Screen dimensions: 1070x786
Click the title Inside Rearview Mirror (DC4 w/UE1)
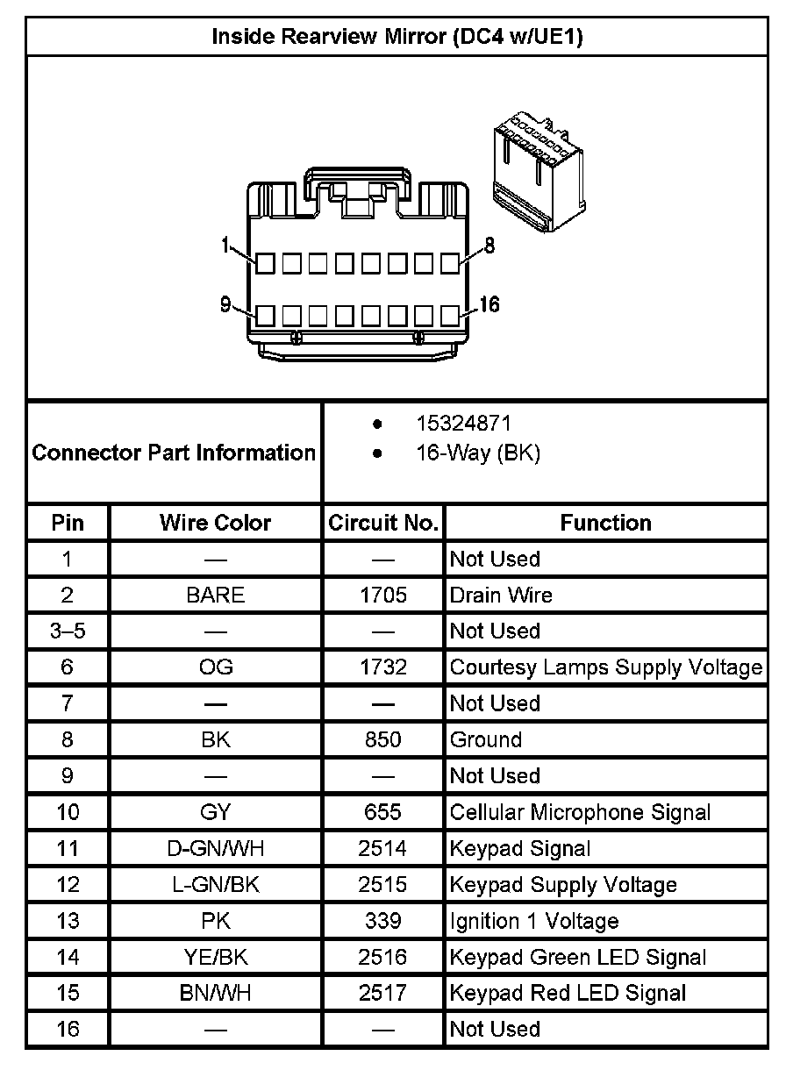tap(397, 37)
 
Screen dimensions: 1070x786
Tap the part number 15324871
tap(462, 424)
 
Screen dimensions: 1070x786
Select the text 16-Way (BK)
tap(477, 453)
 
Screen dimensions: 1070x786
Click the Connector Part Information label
tap(174, 453)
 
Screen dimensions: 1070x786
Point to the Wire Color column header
tap(216, 523)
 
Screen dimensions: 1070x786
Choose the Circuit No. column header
tap(383, 523)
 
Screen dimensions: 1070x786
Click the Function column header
tap(605, 523)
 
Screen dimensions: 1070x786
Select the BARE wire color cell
tap(216, 596)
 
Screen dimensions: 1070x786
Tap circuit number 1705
tap(383, 596)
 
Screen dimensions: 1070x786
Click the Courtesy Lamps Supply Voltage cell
tap(605, 667)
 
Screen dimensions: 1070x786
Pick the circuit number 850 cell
tap(383, 739)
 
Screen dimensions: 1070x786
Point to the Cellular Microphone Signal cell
tap(580, 812)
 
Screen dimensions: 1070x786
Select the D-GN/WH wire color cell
tap(216, 848)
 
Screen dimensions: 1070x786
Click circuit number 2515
tap(383, 884)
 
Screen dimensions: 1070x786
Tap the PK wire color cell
tap(216, 921)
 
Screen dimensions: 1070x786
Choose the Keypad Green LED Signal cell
tap(578, 957)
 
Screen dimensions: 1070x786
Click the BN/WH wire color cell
tap(216, 993)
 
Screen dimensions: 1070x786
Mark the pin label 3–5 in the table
tap(68, 631)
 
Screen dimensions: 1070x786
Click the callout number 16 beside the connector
tap(489, 304)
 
